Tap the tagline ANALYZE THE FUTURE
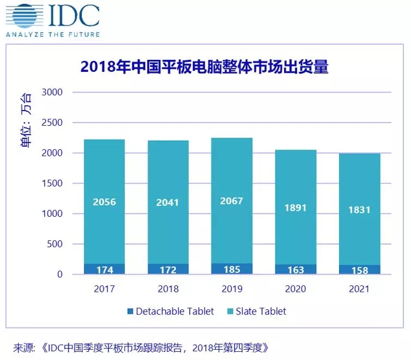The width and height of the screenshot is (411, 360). coord(53,34)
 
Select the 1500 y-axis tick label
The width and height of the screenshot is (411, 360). coord(53,184)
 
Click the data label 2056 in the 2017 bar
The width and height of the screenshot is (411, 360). coord(104,202)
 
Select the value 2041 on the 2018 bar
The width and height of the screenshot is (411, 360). coord(168,203)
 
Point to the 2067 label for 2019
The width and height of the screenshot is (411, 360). coord(232,202)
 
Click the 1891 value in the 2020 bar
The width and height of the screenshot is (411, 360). coord(295,208)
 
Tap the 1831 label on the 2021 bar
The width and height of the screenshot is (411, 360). coord(359,210)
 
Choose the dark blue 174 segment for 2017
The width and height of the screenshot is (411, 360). coord(104,270)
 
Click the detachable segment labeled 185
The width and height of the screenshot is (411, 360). coord(232,269)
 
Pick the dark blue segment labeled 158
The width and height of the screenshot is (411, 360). coord(359,270)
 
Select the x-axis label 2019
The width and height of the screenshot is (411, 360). coord(232,289)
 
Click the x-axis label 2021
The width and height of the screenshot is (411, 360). coord(359,289)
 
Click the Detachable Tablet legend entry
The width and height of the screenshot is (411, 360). coord(170,312)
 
